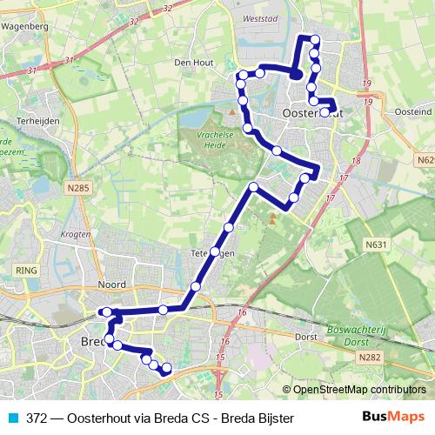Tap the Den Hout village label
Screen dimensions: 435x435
point(193,63)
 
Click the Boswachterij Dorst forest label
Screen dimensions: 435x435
point(362,335)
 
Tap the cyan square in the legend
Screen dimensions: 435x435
point(13,418)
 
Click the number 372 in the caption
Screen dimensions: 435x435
point(37,418)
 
